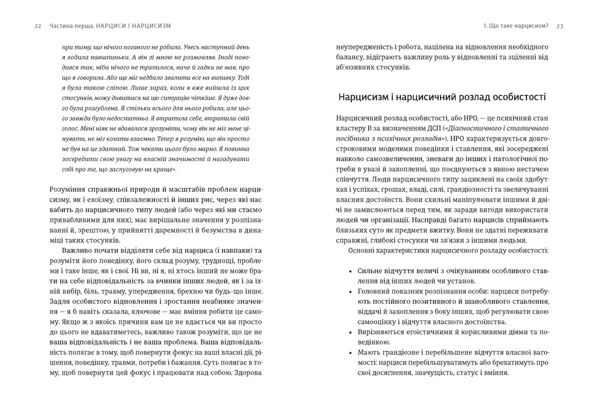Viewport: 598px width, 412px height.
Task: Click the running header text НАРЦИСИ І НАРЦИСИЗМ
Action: tap(133, 26)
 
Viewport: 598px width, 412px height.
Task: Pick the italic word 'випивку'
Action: tap(223, 77)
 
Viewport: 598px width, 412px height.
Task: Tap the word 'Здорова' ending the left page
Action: tap(247, 373)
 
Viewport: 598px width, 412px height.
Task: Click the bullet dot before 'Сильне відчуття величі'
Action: tap(351, 271)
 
